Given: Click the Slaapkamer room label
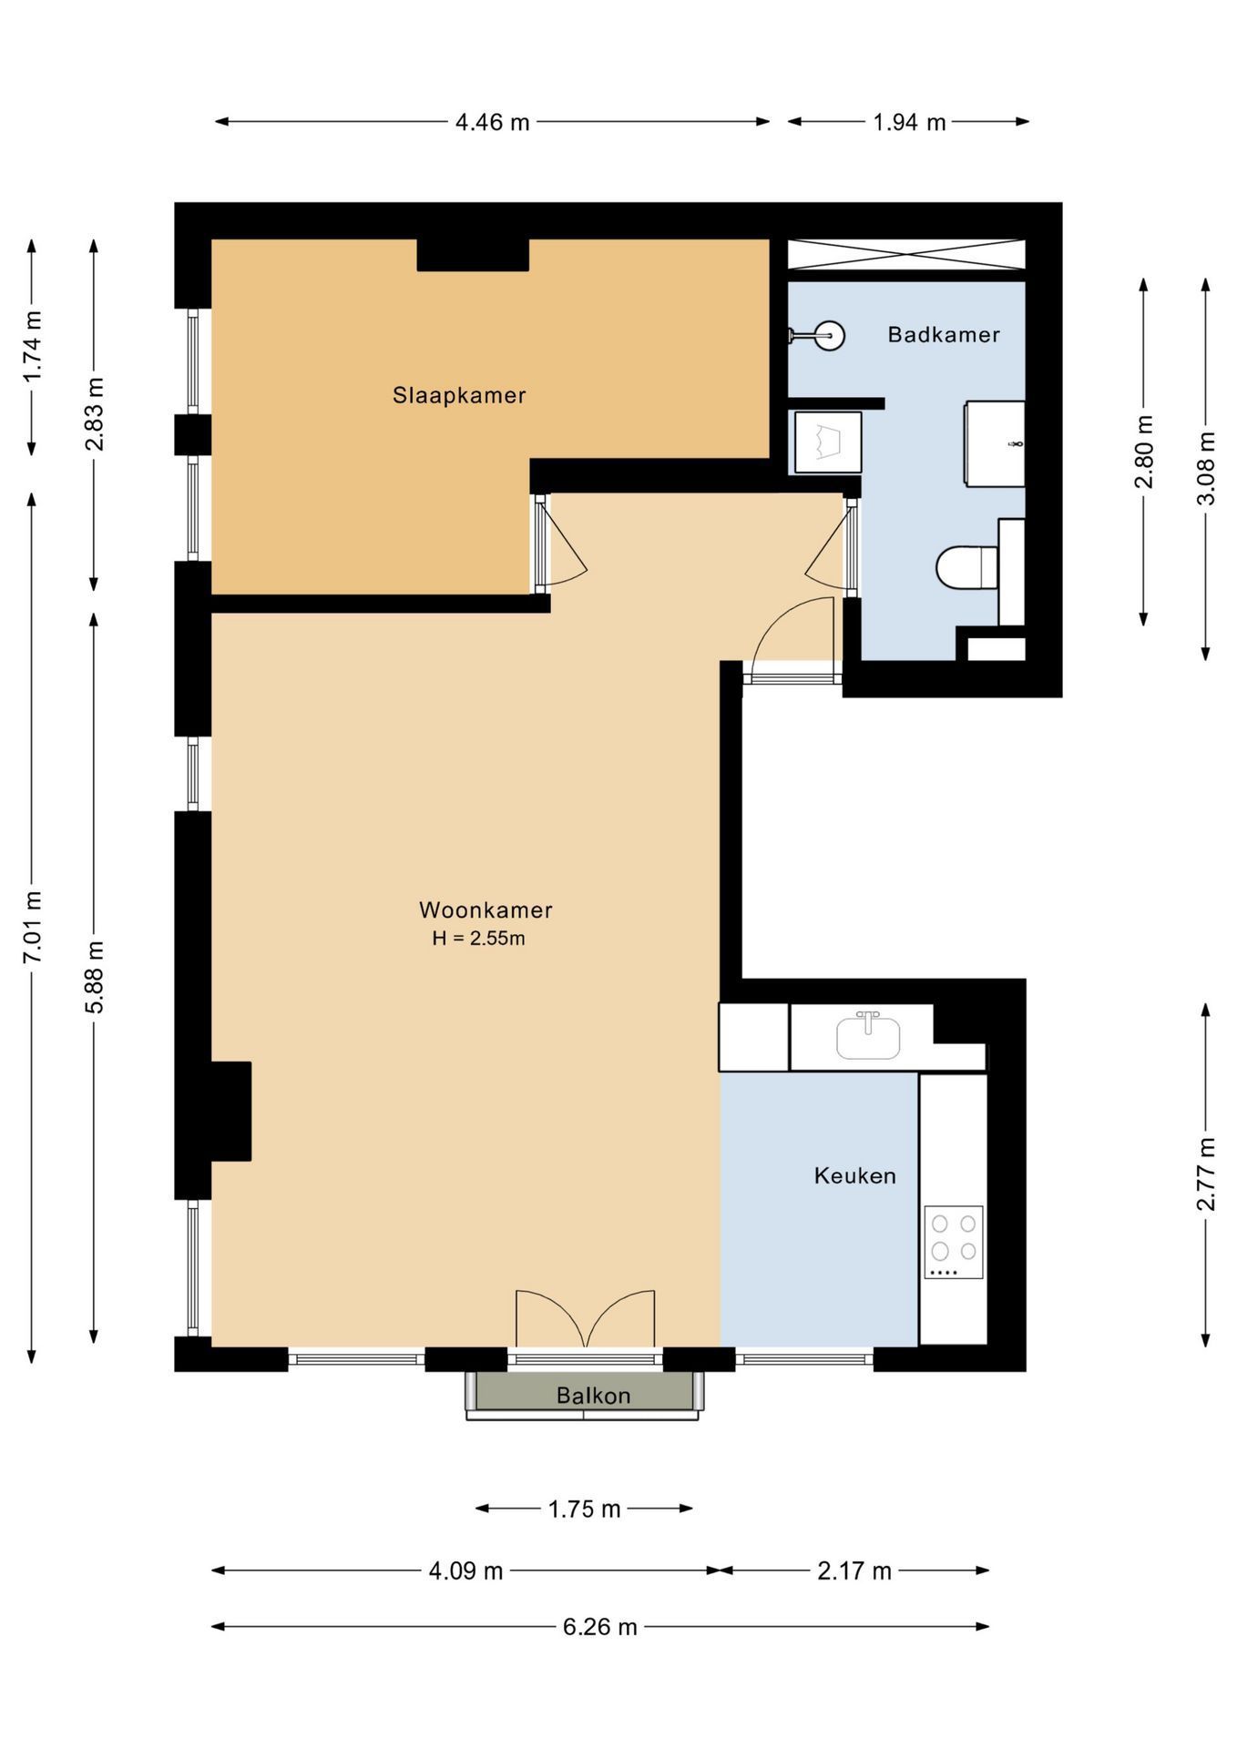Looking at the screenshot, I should (x=459, y=395).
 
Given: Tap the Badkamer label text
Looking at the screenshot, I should (x=944, y=334).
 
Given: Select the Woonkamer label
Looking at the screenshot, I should (x=486, y=910).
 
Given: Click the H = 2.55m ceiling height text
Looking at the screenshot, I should (x=478, y=939).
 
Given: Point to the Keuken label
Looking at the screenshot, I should (x=854, y=1175).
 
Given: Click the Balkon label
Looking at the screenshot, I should (x=593, y=1396).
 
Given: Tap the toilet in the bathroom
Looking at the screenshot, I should (x=966, y=567).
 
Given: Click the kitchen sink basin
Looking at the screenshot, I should (x=868, y=1038).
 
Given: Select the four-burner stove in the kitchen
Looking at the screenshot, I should (x=953, y=1242).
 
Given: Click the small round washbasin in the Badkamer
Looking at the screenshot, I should (x=828, y=336).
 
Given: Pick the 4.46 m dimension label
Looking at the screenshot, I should (x=492, y=122).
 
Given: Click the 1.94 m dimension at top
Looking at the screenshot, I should (x=909, y=122).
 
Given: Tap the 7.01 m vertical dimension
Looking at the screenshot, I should (x=33, y=927).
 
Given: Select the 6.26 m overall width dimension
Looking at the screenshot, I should (x=599, y=1627).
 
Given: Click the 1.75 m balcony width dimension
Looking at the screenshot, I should (x=584, y=1509).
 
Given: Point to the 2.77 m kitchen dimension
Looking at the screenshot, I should (x=1206, y=1174).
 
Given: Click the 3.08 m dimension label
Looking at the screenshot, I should (x=1206, y=468).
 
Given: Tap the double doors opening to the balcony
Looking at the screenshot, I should (x=585, y=1320).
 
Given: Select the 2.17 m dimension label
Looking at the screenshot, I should (x=854, y=1570).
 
